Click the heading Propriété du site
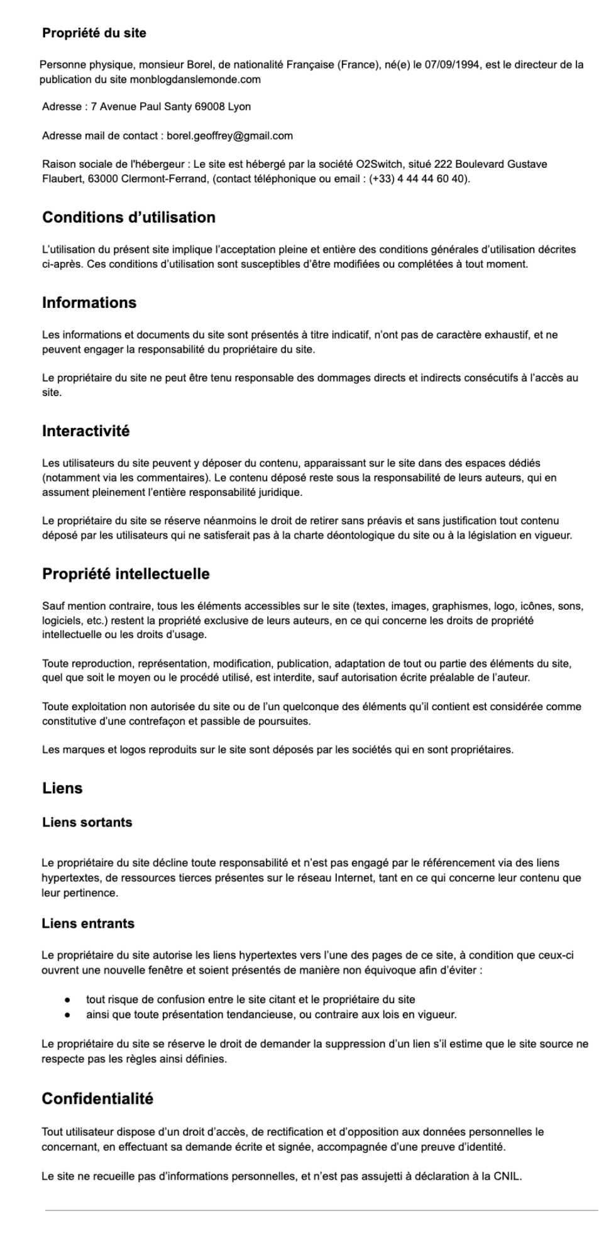coord(94,33)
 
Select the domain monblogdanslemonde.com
coord(195,79)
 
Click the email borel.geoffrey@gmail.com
coord(229,136)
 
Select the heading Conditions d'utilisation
coord(129,217)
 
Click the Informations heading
coord(89,303)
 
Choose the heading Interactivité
coord(86,431)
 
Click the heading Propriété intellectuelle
coord(126,574)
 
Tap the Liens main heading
coord(62,788)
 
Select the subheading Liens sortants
coord(87,822)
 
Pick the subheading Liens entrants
coord(88,923)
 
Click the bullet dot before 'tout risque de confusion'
coord(67,999)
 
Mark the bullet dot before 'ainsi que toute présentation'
coord(67,1014)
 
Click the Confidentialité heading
coord(97,1099)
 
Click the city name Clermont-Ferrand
coord(163,179)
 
